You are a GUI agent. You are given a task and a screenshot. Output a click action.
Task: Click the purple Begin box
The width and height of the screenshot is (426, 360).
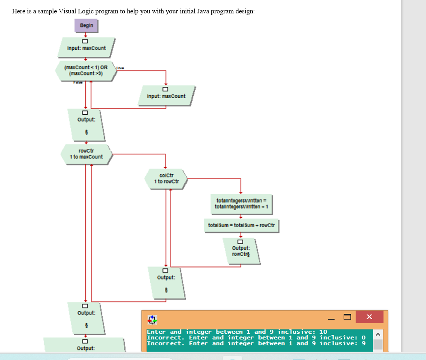pyautogui.click(x=86, y=26)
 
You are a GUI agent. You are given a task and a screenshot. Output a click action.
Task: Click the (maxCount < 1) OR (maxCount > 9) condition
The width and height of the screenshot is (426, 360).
pyautogui.click(x=86, y=71)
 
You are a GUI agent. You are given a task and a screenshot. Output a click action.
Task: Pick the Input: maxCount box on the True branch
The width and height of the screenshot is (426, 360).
pyautogui.click(x=166, y=96)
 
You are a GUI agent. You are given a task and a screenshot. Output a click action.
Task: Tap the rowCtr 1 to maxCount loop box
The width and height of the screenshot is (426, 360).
pyautogui.click(x=86, y=154)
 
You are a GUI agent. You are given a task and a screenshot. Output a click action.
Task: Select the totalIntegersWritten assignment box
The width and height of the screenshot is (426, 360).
pyautogui.click(x=241, y=204)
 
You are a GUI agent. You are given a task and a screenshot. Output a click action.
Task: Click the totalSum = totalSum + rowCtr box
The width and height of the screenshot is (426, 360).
pyautogui.click(x=241, y=225)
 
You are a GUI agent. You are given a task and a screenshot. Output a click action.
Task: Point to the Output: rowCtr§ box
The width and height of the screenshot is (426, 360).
pyautogui.click(x=241, y=251)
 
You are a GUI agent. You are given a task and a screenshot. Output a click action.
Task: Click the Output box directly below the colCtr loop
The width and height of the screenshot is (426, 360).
pyautogui.click(x=166, y=281)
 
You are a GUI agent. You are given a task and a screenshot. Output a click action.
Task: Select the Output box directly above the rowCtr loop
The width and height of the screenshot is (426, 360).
pyautogui.click(x=86, y=124)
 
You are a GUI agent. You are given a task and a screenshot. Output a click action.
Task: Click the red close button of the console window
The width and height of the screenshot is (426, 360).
pyautogui.click(x=369, y=317)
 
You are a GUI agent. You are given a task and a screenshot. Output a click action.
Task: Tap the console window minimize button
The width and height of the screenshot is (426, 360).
pyautogui.click(x=332, y=317)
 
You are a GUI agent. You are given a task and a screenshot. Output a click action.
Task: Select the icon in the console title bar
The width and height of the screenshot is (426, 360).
pyautogui.click(x=152, y=320)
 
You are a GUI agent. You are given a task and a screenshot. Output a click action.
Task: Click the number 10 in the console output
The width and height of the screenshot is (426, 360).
pyautogui.click(x=323, y=332)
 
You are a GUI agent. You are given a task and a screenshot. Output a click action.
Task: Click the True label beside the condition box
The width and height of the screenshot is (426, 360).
pyautogui.click(x=120, y=68)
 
